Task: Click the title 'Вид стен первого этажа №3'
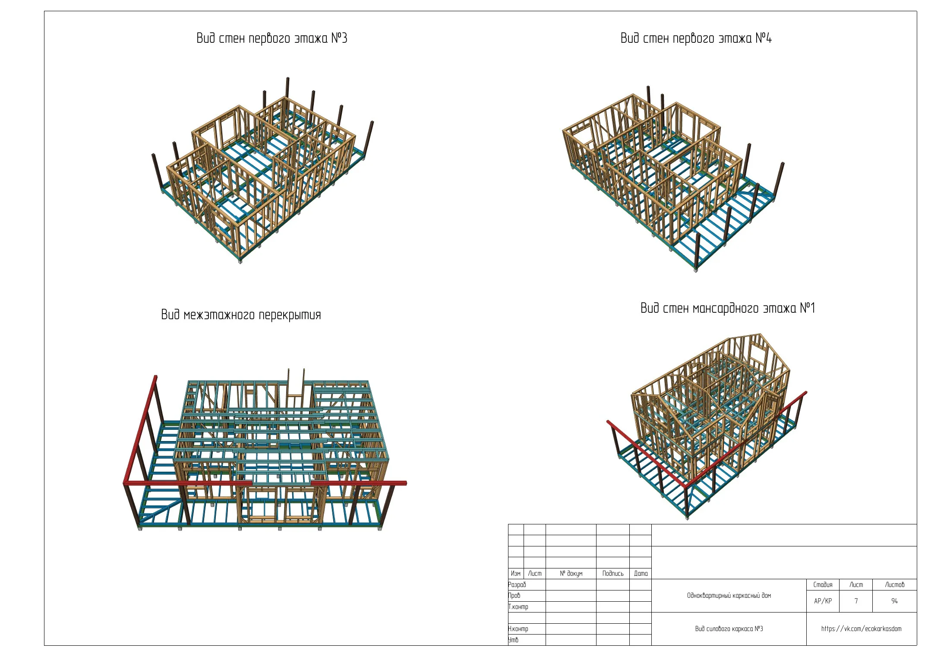pos(272,38)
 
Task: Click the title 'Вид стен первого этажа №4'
pos(696,38)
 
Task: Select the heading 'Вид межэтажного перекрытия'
pos(241,314)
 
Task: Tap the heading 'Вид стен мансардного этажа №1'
pos(728,308)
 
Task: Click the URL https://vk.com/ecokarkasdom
pos(861,628)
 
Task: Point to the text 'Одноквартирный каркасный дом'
pos(729,595)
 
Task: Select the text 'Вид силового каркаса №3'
pos(729,628)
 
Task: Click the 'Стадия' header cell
pos(823,584)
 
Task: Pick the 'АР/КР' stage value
pos(823,601)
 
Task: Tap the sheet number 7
pos(856,601)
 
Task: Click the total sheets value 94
pos(894,601)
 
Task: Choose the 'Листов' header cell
pos(894,584)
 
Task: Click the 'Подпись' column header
pos(613,574)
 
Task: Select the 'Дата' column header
pos(641,574)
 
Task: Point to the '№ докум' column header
pos(571,574)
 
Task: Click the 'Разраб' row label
pos(517,584)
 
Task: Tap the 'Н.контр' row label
pos(518,628)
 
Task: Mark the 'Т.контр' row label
pos(518,606)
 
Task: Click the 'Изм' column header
pos(515,574)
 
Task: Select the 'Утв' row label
pos(513,640)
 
